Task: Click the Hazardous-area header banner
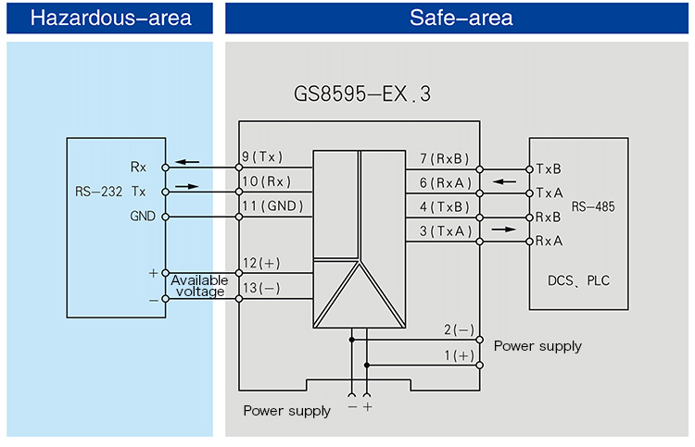pyautogui.click(x=110, y=18)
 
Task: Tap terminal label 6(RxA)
pyautogui.click(x=445, y=183)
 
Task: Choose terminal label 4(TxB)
pyautogui.click(x=445, y=207)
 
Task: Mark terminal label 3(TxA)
pyautogui.click(x=445, y=231)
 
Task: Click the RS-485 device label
pyautogui.click(x=593, y=205)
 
